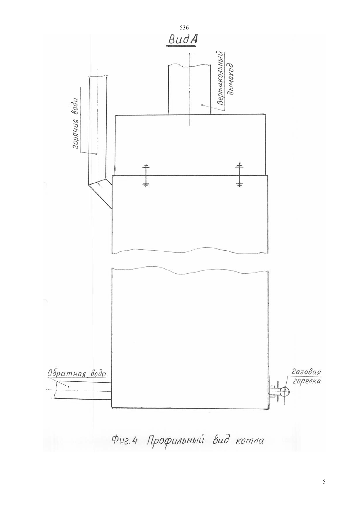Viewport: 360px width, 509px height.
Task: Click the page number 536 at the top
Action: point(184,28)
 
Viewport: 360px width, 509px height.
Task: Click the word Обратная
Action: point(67,374)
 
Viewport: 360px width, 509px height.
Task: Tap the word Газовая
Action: point(306,372)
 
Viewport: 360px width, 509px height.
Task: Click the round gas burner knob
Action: point(284,392)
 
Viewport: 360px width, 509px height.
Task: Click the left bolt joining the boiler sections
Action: point(146,175)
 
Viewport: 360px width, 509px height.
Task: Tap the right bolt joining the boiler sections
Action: point(239,174)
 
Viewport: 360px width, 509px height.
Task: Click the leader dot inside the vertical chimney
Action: point(202,105)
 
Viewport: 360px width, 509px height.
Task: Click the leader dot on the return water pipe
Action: point(68,386)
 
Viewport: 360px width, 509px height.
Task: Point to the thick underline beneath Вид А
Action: point(181,46)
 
